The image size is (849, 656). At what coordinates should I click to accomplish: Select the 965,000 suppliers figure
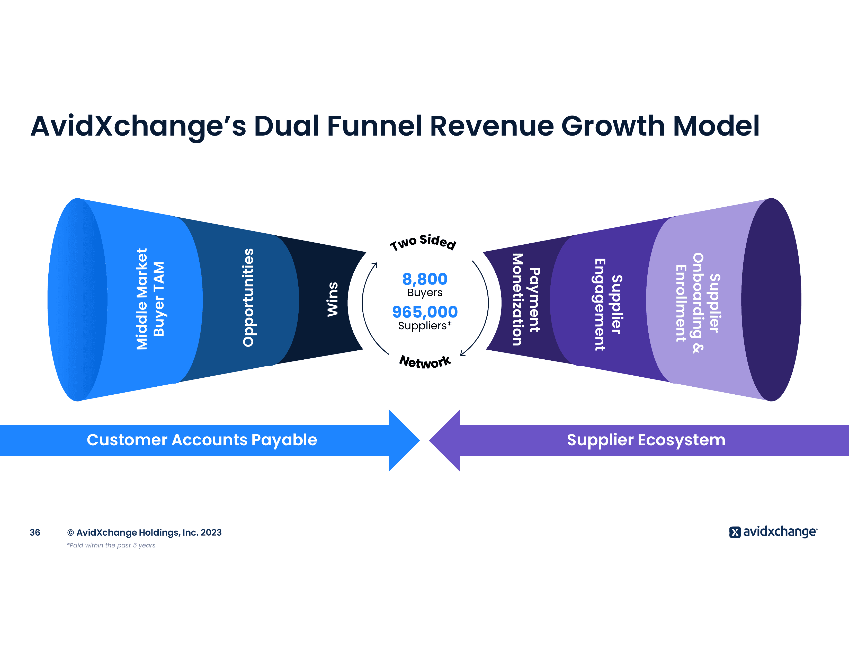(425, 312)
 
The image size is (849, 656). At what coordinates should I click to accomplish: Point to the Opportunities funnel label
(248, 297)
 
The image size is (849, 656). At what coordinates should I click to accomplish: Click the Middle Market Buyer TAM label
(150, 299)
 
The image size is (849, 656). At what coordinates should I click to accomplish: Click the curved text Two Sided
(423, 242)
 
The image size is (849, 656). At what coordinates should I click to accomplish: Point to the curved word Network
(425, 362)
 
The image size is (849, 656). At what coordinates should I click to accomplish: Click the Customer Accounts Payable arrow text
(202, 440)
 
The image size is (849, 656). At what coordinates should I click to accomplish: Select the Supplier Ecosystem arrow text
(646, 440)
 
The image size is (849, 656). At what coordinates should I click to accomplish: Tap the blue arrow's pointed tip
(420, 440)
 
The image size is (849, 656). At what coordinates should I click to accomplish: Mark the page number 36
(35, 532)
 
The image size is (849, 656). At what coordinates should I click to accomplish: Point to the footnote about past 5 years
(112, 545)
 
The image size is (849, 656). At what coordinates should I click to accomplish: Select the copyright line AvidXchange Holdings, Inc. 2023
(144, 532)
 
